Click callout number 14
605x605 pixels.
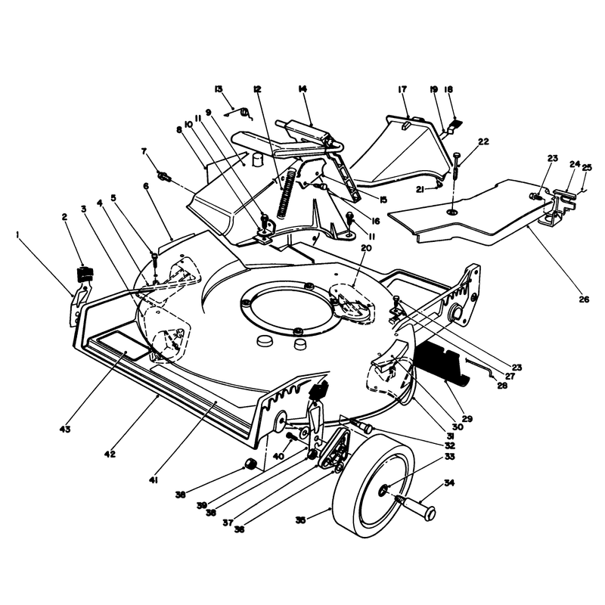click(302, 89)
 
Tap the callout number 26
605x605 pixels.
click(584, 299)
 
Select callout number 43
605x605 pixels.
click(65, 429)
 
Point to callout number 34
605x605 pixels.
click(449, 482)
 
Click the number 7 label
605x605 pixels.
click(144, 151)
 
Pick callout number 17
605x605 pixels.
click(402, 89)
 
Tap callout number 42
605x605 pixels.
click(110, 455)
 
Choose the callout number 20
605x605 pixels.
click(366, 248)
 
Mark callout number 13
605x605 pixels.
click(219, 89)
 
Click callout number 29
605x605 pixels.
click(467, 419)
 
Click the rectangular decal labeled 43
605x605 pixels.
click(123, 346)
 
